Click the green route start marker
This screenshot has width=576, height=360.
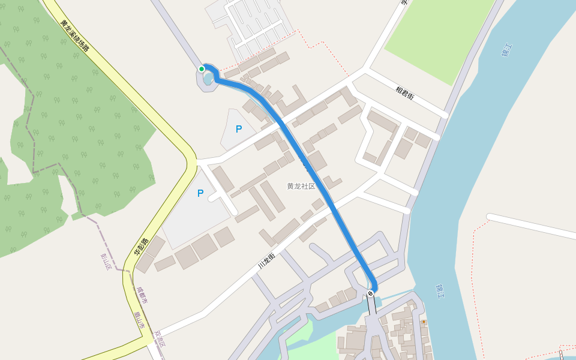[x=202, y=69]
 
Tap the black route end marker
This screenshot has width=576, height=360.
[x=370, y=293]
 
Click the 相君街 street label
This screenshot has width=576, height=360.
[x=404, y=93]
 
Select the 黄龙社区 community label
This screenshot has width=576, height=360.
[x=301, y=186]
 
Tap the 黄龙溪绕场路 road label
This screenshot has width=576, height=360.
[x=74, y=36]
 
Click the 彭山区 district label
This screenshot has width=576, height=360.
[x=106, y=261]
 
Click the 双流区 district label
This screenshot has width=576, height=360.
[x=159, y=340]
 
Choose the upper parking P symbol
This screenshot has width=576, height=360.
[x=238, y=129]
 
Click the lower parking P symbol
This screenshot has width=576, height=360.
[x=200, y=193]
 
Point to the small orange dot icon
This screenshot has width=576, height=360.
[x=424, y=322]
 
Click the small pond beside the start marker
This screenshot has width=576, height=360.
[x=208, y=79]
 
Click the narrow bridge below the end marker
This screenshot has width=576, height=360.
[x=372, y=306]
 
